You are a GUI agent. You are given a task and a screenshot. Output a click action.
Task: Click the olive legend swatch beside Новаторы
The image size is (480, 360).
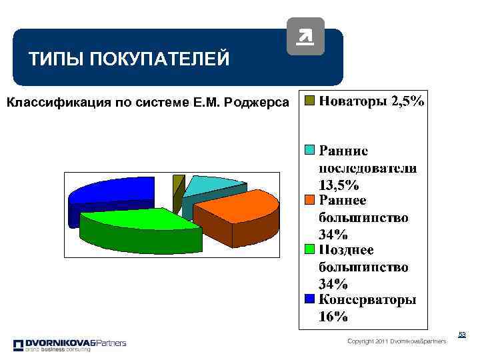point(309,101)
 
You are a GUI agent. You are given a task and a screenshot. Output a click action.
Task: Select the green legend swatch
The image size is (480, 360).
point(309,249)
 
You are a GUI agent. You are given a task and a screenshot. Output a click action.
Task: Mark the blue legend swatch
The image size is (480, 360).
point(309,299)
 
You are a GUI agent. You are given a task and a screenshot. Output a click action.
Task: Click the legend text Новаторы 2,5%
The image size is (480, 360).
point(371,101)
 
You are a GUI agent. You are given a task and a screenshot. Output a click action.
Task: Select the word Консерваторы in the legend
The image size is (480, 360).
point(367,299)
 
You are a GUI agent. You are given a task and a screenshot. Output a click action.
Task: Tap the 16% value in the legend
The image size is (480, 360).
point(333,317)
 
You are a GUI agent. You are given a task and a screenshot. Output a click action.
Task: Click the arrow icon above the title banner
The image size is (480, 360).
point(305,36)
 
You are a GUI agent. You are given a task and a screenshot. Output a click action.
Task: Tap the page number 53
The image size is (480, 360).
point(461,335)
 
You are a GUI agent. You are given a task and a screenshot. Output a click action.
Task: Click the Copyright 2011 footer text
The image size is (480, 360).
point(397,341)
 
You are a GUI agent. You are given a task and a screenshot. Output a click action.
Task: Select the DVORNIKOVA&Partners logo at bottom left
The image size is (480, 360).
point(69,345)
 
